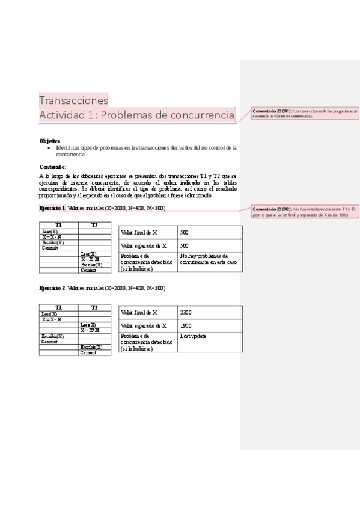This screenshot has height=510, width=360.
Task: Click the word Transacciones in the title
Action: pyautogui.click(x=73, y=100)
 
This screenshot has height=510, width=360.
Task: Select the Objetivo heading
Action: pyautogui.click(x=50, y=140)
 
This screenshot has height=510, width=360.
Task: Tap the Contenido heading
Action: pyautogui.click(x=52, y=166)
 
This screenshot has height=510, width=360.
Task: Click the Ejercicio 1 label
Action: pyautogui.click(x=52, y=208)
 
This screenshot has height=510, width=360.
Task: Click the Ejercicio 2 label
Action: pyautogui.click(x=52, y=289)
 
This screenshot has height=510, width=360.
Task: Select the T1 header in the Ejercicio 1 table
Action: pyautogui.click(x=58, y=225)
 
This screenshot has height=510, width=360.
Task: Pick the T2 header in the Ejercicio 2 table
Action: pyautogui.click(x=94, y=307)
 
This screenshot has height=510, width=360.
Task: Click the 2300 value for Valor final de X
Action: pyautogui.click(x=186, y=313)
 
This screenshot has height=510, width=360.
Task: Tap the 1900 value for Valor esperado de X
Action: pyautogui.click(x=186, y=325)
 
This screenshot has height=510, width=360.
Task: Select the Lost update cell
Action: pyautogui.click(x=193, y=336)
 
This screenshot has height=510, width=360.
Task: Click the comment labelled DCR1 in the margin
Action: pyautogui.click(x=305, y=113)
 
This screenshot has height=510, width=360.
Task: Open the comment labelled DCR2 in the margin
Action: pyautogui.click(x=305, y=211)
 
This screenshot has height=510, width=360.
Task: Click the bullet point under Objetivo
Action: pyautogui.click(x=49, y=147)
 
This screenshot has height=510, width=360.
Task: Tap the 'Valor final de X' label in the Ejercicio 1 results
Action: pyautogui.click(x=139, y=232)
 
